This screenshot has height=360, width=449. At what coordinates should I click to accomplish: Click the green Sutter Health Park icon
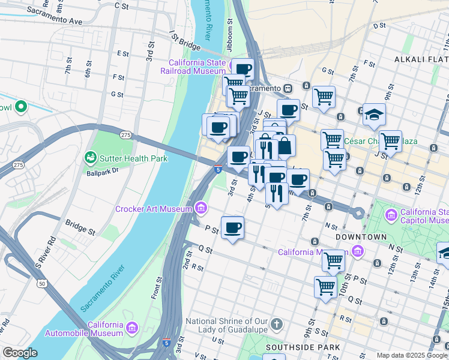click(91, 158)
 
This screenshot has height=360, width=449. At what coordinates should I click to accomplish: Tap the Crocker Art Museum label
click(153, 209)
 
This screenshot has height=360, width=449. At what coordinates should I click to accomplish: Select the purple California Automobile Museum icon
click(131, 329)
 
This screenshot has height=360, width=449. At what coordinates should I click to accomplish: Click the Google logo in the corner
click(20, 353)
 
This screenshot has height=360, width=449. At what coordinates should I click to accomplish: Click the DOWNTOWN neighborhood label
click(361, 237)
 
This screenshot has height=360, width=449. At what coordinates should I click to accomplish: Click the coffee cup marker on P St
click(232, 227)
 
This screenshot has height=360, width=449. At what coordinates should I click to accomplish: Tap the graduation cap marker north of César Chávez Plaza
click(374, 113)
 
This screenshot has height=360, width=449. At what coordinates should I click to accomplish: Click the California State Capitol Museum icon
click(391, 215)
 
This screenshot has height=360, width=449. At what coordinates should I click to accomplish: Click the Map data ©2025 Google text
click(412, 355)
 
